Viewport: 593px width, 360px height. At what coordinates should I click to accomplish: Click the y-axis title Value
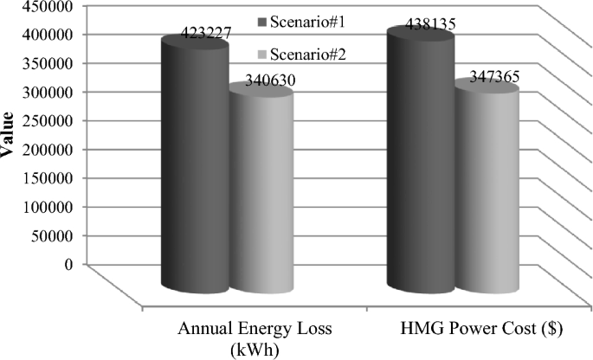7,137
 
